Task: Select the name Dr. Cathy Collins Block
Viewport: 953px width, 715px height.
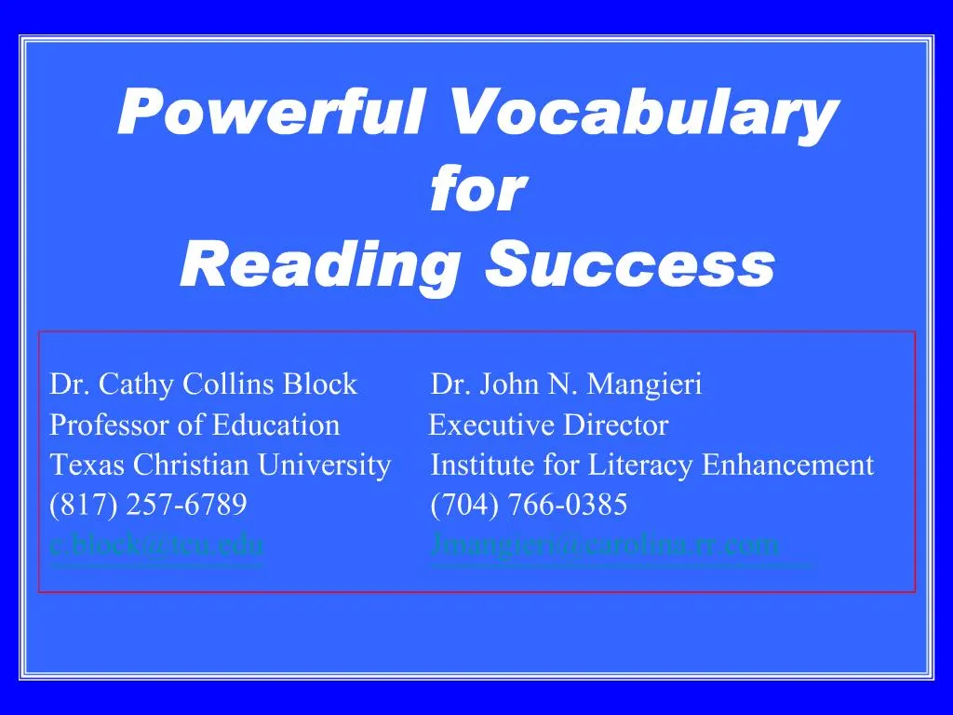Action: pos(203,384)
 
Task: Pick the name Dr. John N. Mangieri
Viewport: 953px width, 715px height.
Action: pos(567,384)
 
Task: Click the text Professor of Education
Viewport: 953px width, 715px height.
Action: pos(195,425)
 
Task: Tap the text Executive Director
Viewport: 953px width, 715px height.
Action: pos(548,425)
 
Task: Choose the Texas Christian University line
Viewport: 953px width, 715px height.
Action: pos(220,465)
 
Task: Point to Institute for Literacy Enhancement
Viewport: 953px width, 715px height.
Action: pos(652,465)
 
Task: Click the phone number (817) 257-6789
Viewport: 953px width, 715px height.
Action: pos(148,506)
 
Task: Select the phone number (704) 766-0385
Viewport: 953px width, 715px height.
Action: pos(529,506)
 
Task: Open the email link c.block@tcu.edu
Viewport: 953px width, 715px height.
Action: pos(156,545)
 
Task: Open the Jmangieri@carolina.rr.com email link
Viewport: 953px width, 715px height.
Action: pos(605,545)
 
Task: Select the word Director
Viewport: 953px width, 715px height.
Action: pos(626,425)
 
